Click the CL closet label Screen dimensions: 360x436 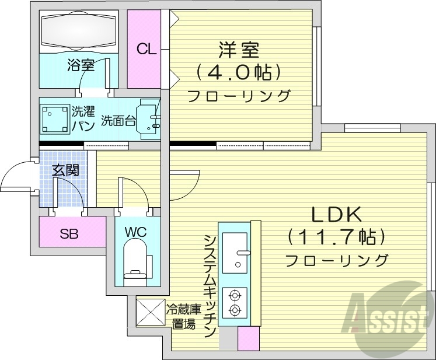(147, 50)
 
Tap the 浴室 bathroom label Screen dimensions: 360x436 (81, 65)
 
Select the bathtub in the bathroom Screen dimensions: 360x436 (78, 30)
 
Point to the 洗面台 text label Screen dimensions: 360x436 (118, 121)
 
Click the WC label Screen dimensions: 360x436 (135, 231)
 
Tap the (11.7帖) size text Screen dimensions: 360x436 (336, 237)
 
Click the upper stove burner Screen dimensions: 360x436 (235, 295)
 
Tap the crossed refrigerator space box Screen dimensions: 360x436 (149, 313)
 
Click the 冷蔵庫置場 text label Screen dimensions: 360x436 (184, 317)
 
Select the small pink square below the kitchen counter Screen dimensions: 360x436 (248, 339)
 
